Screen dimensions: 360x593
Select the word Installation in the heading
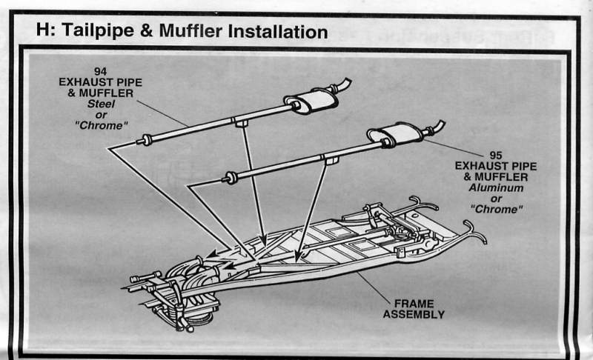click(277, 32)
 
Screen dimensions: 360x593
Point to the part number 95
click(495, 156)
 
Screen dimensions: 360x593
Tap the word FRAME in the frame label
click(414, 304)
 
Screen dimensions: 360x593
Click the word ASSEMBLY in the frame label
click(414, 314)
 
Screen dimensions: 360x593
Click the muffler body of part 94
click(311, 100)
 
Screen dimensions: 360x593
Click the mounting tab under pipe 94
click(240, 124)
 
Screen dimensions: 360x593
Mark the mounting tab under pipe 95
click(331, 159)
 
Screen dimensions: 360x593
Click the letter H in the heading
click(42, 32)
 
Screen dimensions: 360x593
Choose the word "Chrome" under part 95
click(495, 209)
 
